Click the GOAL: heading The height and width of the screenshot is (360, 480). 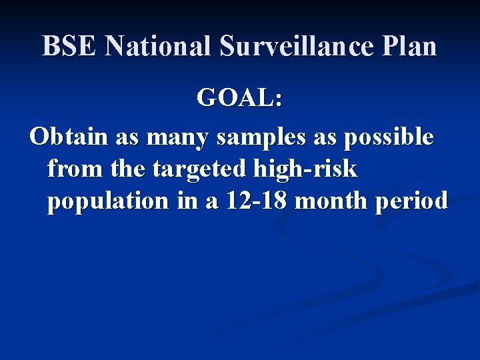[240, 99]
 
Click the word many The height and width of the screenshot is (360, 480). [177, 139]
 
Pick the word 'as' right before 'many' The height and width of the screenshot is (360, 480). [128, 139]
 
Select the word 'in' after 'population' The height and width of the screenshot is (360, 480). [187, 201]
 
